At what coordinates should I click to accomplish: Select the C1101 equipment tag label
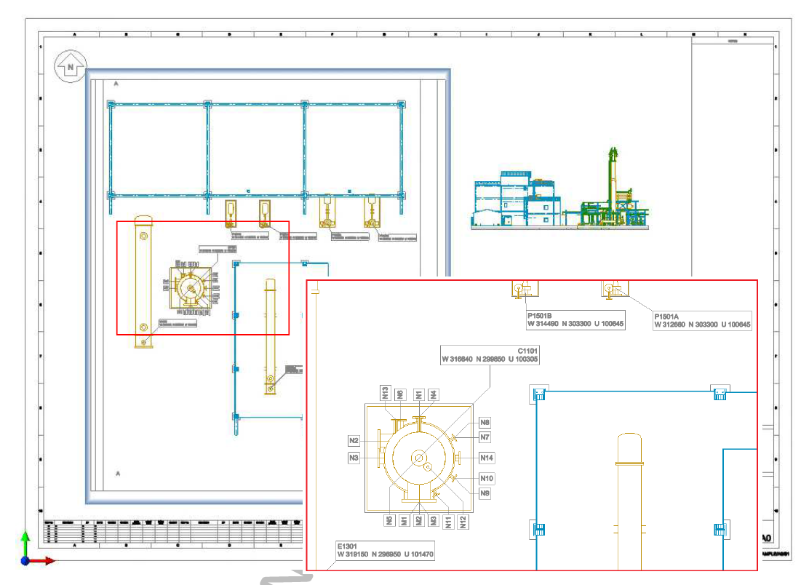coord(490,354)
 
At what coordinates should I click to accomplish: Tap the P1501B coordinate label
coord(575,321)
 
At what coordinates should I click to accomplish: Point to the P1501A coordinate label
coord(702,321)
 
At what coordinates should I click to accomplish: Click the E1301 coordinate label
coord(384,550)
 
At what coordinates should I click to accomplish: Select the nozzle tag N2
coord(354,441)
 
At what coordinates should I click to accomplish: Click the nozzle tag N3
coord(354,458)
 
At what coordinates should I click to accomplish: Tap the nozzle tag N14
coord(487,458)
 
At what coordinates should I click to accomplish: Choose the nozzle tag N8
coord(485,422)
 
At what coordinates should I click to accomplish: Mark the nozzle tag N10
coord(487,478)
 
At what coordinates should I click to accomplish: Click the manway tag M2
coord(419,520)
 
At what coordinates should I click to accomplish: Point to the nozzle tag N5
coord(390,520)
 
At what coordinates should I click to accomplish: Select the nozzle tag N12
coord(463,520)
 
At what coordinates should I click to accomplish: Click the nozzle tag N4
coord(434,394)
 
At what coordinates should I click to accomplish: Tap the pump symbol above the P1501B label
coord(521,290)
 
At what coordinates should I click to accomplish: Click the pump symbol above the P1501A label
coord(611,290)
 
